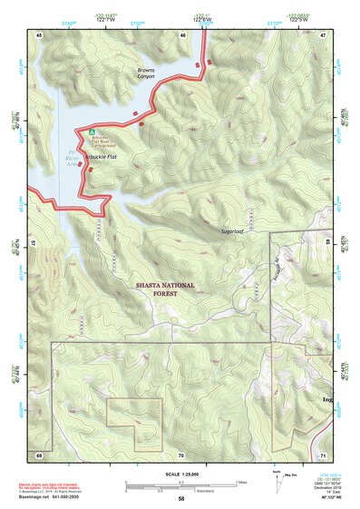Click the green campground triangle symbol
tap(92, 131)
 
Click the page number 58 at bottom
tap(181, 499)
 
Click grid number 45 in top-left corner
tap(40, 34)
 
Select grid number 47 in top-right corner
tap(322, 34)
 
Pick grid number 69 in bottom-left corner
tap(40, 454)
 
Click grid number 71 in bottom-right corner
tap(322, 454)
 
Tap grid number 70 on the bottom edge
tap(180, 454)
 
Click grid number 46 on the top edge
tap(182, 34)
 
